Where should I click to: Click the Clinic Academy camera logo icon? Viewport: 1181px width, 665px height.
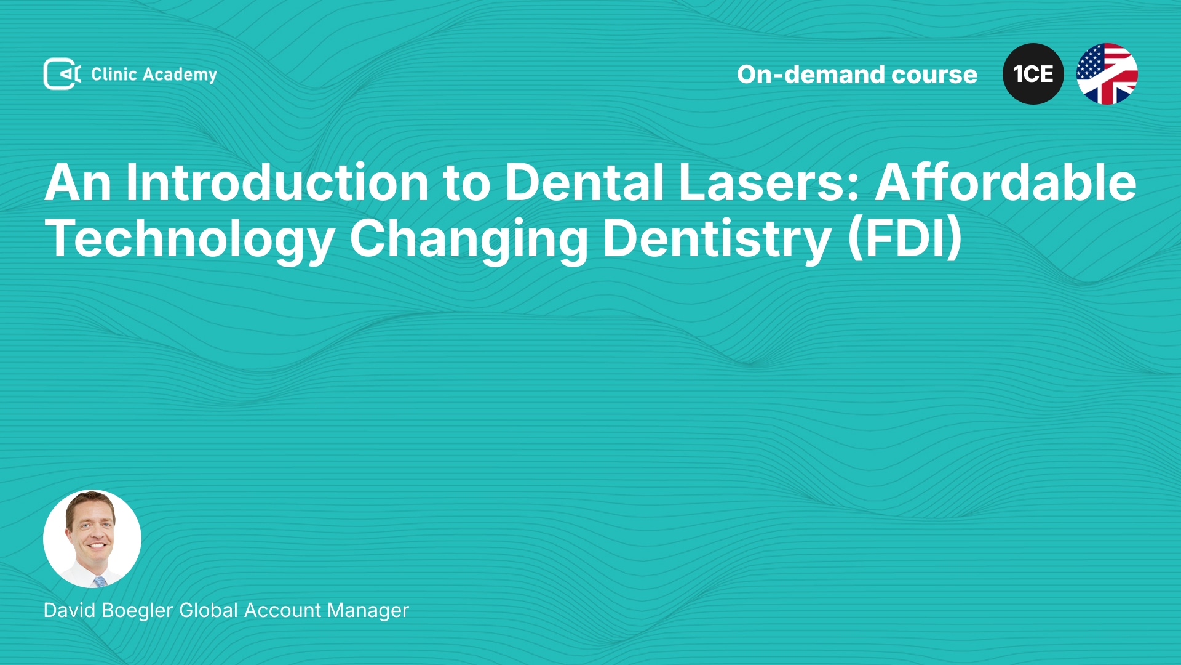click(62, 74)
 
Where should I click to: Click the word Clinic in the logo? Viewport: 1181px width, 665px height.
click(114, 74)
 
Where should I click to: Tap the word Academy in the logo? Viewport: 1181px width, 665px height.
click(180, 75)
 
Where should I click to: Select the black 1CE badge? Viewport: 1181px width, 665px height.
click(1033, 74)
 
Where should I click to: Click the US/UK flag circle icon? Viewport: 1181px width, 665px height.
click(1107, 74)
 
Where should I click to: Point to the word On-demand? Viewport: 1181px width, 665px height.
click(811, 75)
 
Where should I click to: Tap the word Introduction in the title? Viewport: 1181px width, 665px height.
click(277, 182)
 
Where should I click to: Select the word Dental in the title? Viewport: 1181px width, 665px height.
click(584, 182)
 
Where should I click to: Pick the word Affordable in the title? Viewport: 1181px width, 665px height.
click(1006, 182)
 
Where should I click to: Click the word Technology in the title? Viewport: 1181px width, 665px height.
click(189, 240)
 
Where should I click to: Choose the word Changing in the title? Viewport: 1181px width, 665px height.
click(469, 240)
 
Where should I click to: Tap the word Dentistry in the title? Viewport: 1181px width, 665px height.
click(717, 240)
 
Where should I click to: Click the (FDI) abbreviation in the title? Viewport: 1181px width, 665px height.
click(905, 239)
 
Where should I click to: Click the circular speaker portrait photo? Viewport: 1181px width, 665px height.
click(92, 539)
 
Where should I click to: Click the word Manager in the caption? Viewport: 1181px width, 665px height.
click(368, 610)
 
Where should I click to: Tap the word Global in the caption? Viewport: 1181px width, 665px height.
click(209, 610)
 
